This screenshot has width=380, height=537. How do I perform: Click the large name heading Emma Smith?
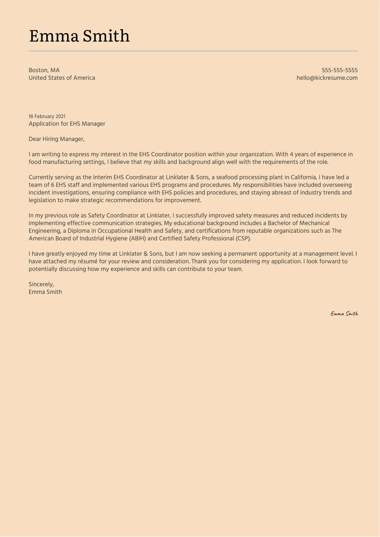click(79, 36)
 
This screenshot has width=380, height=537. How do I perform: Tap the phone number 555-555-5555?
click(339, 70)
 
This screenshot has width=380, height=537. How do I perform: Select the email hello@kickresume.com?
click(327, 78)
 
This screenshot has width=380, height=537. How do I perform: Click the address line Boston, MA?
click(44, 70)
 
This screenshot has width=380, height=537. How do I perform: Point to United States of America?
click(62, 78)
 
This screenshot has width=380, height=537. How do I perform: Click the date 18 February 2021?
click(47, 116)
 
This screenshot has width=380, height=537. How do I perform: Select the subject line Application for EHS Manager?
click(67, 124)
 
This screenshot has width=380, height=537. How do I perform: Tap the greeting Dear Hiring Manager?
click(56, 139)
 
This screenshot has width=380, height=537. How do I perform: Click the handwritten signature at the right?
click(344, 314)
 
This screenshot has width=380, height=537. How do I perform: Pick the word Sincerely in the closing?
click(41, 284)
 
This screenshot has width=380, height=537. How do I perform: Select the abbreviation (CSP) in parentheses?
click(243, 238)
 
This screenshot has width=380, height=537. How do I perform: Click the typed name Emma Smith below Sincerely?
click(45, 292)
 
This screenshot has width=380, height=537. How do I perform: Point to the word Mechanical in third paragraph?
click(314, 223)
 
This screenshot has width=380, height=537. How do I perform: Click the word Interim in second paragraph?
click(102, 177)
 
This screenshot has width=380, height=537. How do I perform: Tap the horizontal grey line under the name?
click(193, 51)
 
